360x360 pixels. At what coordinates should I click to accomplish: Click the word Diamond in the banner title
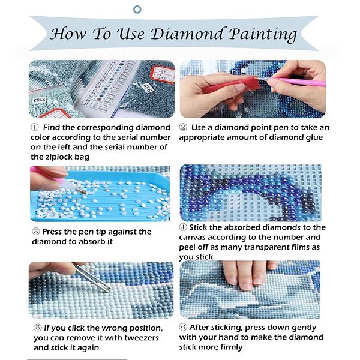pyautogui.click(x=187, y=34)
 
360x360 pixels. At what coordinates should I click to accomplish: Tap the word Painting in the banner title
pyautogui.click(x=263, y=35)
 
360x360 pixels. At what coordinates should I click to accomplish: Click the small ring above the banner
pyautogui.click(x=137, y=10)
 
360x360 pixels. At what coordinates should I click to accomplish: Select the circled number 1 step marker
pyautogui.click(x=34, y=127)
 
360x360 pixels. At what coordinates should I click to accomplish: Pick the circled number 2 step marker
pyautogui.click(x=183, y=127)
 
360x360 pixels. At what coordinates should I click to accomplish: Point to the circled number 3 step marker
pyautogui.click(x=36, y=232)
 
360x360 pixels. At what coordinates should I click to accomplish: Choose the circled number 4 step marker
pyautogui.click(x=183, y=227)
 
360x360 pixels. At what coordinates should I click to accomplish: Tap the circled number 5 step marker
pyautogui.click(x=38, y=328)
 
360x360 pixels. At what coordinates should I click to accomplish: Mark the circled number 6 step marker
pyautogui.click(x=183, y=327)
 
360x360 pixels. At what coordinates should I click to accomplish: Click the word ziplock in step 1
pyautogui.click(x=59, y=157)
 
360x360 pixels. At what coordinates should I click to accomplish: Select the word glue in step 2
pyautogui.click(x=314, y=137)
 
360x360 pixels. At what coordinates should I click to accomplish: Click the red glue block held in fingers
pyautogui.click(x=231, y=86)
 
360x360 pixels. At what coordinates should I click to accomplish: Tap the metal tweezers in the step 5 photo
pyautogui.click(x=91, y=278)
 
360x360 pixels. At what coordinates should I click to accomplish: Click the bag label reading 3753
pyautogui.click(x=40, y=100)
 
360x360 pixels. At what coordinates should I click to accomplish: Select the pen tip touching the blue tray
pyautogui.click(x=82, y=191)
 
